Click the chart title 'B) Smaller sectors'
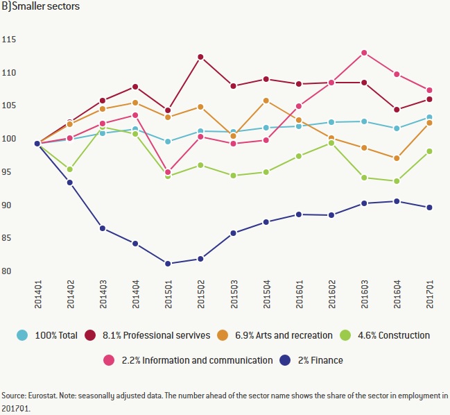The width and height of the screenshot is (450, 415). [41, 7]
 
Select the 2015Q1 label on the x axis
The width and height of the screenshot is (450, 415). [168, 296]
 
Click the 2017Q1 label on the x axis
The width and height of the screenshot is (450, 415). [430, 296]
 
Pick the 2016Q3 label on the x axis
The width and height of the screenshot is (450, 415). [364, 296]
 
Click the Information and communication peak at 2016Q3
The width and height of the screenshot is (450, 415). [364, 53]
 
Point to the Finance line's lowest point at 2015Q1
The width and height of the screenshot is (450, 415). [168, 264]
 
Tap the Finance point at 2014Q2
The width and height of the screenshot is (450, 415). [69, 183]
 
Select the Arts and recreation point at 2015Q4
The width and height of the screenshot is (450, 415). [266, 101]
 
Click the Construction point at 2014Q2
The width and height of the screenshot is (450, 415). [69, 169]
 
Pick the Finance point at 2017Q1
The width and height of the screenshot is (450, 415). [430, 207]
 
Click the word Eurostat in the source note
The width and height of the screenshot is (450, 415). [42, 396]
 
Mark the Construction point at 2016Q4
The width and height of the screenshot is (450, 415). [397, 181]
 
